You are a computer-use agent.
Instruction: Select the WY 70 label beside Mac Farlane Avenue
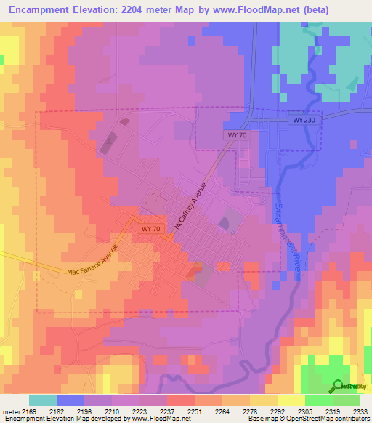click(149, 228)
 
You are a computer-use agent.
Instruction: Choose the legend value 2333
click(359, 411)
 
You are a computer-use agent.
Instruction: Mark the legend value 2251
click(194, 411)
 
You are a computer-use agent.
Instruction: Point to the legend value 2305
click(304, 411)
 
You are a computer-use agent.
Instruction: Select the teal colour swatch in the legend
click(43, 400)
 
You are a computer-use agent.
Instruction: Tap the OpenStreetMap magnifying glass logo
click(337, 386)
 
